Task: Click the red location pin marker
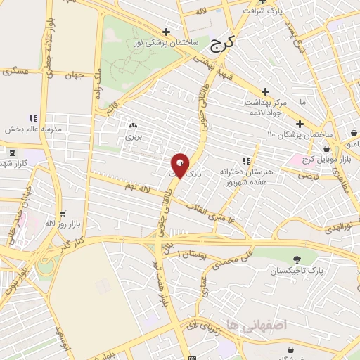pos(180,165)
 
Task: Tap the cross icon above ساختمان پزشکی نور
pos(166,32)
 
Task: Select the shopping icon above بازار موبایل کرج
pos(326,149)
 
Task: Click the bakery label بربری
pos(134,136)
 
